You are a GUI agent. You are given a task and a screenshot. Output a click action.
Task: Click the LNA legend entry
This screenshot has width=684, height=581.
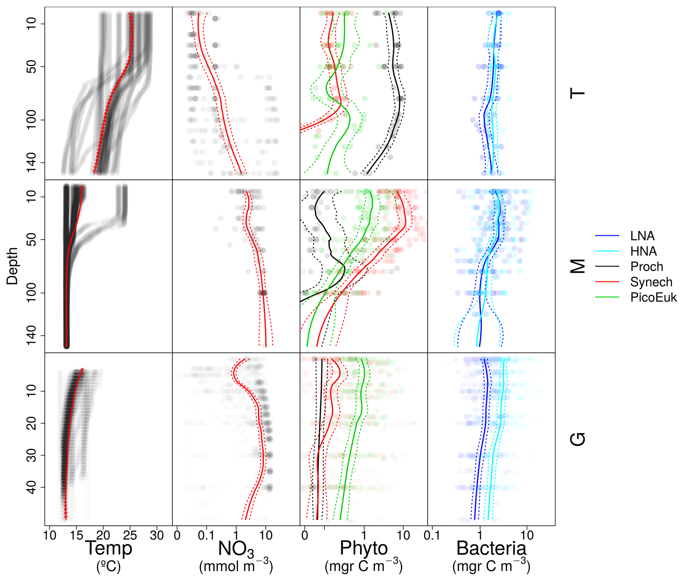(x=642, y=236)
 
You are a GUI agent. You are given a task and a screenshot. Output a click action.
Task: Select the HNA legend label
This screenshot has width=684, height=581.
(x=643, y=251)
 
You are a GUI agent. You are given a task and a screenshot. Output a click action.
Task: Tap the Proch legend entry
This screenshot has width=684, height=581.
(x=646, y=266)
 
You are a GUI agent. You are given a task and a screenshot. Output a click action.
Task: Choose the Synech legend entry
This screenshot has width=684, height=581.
(x=651, y=282)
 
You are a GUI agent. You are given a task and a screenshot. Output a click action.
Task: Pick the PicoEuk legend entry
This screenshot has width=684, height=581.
(x=653, y=297)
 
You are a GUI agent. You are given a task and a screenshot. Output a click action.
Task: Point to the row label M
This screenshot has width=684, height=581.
(x=578, y=266)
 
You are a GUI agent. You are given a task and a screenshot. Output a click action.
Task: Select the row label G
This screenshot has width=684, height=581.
(x=578, y=439)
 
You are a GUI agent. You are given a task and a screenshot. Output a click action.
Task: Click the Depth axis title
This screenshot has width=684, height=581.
(x=12, y=266)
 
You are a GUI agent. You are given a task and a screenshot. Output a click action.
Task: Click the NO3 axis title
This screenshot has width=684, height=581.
(x=236, y=549)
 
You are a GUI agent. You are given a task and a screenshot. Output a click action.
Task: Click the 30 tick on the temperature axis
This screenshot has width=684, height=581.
(x=157, y=535)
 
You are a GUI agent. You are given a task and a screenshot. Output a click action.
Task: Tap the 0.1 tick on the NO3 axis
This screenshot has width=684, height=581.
(x=206, y=535)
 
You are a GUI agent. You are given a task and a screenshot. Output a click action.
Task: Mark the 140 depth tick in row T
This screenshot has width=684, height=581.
(x=32, y=163)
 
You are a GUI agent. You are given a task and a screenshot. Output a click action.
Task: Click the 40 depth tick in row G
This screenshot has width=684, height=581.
(x=32, y=487)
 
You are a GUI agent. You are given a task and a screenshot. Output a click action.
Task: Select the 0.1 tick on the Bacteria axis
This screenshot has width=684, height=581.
(x=432, y=535)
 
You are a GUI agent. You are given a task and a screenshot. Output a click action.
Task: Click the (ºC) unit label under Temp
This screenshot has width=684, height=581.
(x=109, y=566)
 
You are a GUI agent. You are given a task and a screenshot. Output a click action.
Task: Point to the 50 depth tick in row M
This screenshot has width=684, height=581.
(x=32, y=239)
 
